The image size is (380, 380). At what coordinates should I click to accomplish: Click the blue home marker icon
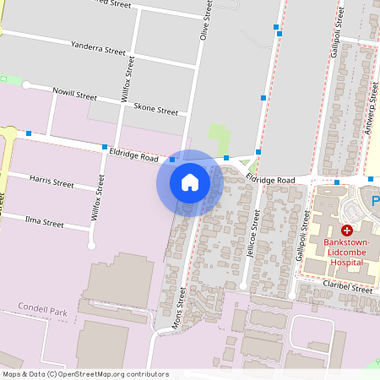point(190,182)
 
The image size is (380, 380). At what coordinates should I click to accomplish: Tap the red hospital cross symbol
point(346,231)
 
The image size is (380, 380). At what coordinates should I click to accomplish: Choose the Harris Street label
point(52,182)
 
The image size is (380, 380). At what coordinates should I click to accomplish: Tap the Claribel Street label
point(346,289)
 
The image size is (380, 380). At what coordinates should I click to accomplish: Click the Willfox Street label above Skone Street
point(128,80)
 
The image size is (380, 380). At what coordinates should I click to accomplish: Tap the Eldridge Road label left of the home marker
point(133,154)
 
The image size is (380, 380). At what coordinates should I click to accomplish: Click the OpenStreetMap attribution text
point(85,374)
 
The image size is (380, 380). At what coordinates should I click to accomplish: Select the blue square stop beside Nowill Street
point(29,133)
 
